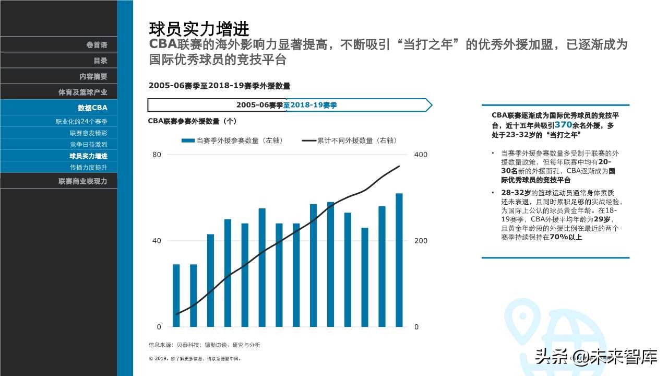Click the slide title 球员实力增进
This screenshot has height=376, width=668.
(199, 28)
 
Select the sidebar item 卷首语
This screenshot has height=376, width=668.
(97, 45)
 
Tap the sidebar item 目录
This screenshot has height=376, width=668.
(100, 61)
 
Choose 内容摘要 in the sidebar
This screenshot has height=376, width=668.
(93, 76)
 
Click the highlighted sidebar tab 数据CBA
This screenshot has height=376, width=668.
(92, 108)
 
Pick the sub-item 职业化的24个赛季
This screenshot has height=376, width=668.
(81, 122)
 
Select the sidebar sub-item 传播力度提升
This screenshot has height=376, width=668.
(88, 167)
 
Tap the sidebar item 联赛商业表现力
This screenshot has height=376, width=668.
(82, 181)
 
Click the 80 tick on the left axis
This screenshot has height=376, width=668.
(157, 155)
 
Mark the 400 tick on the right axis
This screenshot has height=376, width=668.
(420, 155)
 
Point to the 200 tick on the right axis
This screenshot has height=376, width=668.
(420, 241)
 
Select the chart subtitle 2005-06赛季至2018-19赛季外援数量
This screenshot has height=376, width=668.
(219, 86)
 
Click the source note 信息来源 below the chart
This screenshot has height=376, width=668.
(204, 345)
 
